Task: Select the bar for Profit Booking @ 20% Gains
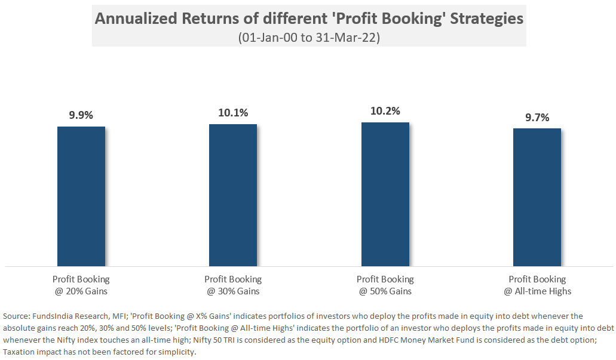point(81,196)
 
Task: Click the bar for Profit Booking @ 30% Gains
point(232,195)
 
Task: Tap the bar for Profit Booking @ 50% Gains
point(385,194)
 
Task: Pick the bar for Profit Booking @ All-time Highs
point(537,197)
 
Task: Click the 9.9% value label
point(81,115)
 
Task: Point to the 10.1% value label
point(232,113)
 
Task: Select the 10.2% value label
point(385,111)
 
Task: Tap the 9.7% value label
point(537,117)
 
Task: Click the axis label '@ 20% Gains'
point(81,291)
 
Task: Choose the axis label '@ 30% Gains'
point(232,291)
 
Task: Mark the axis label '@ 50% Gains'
point(385,291)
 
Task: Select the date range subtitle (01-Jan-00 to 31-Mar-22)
point(309,37)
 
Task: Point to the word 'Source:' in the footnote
point(18,315)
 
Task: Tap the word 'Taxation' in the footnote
point(20,351)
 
